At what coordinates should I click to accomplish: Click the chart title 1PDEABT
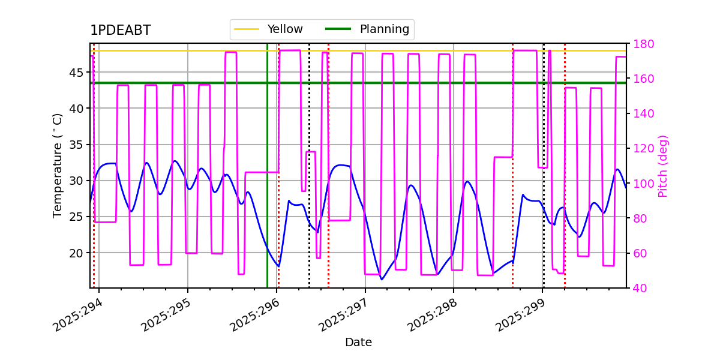click(x=120, y=30)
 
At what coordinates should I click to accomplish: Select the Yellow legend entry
click(x=268, y=29)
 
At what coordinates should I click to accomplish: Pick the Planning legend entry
click(x=367, y=29)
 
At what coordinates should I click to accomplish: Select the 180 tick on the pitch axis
click(x=643, y=44)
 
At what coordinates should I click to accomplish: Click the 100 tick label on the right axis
click(x=643, y=184)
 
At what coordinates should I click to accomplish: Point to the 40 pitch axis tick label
click(x=640, y=289)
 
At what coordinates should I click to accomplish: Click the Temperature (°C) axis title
click(x=57, y=166)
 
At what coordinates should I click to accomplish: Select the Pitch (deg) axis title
click(x=663, y=166)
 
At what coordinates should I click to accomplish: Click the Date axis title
click(x=358, y=343)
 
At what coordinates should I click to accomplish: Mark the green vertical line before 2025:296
click(x=267, y=166)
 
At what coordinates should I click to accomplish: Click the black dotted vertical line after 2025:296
click(x=309, y=166)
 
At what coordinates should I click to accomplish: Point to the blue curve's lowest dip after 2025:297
click(x=382, y=280)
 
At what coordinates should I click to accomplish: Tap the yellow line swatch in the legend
click(x=247, y=29)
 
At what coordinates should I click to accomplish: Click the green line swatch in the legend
click(x=338, y=29)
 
